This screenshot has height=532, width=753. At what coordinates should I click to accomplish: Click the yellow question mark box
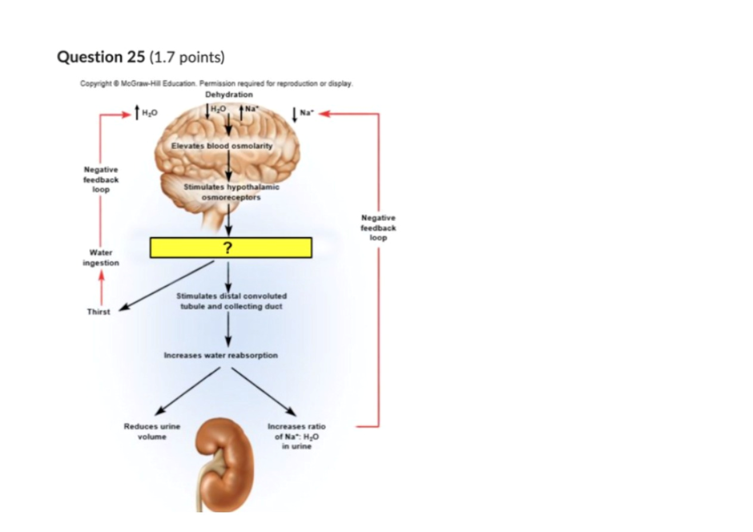(x=231, y=248)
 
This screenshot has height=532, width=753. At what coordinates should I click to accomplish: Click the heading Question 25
(x=101, y=57)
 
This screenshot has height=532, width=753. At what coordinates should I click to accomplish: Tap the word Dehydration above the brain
(x=229, y=95)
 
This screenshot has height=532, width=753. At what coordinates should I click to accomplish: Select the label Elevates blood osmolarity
(x=222, y=146)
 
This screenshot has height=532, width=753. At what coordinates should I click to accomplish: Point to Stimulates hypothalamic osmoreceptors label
(x=231, y=192)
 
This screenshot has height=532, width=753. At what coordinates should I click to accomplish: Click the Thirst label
(x=99, y=312)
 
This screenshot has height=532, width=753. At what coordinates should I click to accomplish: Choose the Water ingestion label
(x=101, y=257)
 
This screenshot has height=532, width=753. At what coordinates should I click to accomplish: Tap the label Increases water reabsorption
(x=221, y=355)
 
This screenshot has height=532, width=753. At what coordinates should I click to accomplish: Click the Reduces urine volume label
(x=151, y=431)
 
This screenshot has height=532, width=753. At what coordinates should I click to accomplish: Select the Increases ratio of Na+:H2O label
(x=296, y=436)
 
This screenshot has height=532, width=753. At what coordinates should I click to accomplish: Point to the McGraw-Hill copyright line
(x=216, y=83)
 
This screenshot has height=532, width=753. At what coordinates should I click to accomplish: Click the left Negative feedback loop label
(x=101, y=179)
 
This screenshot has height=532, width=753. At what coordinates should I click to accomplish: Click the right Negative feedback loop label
(x=378, y=228)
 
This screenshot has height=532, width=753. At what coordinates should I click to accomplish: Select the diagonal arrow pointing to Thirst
(x=166, y=286)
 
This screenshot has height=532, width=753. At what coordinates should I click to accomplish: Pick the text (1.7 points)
(x=187, y=58)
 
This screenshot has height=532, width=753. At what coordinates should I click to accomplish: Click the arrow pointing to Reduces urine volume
(x=187, y=391)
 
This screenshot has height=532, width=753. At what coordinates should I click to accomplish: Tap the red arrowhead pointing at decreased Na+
(x=324, y=114)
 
